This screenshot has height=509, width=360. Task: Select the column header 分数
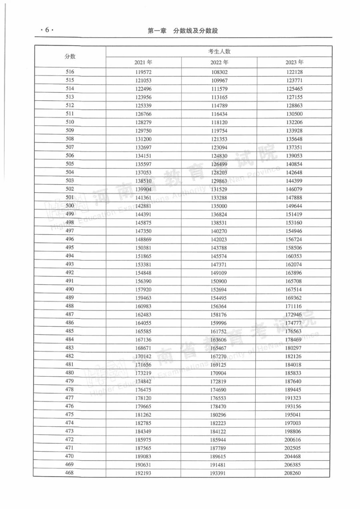point(70,57)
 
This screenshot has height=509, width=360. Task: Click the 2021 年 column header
point(144,62)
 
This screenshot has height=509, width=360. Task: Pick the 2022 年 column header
point(219,62)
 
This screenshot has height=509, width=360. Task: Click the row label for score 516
point(70,72)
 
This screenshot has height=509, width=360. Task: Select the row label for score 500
point(70,206)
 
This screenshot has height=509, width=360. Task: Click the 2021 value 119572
point(144,72)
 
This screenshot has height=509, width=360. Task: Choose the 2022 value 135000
point(219,206)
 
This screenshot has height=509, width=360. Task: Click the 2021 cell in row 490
point(144,289)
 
